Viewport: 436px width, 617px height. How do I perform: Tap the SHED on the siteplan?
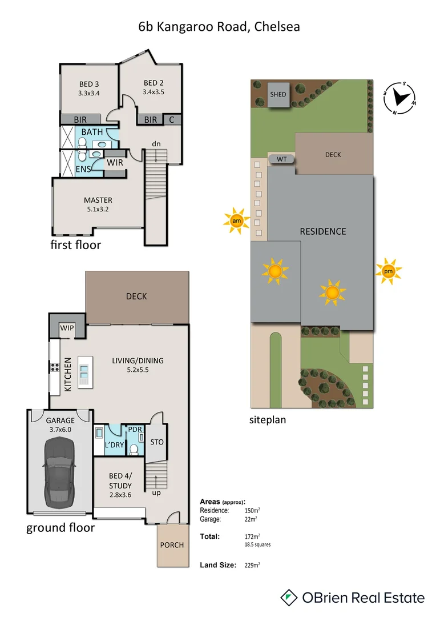[278, 94]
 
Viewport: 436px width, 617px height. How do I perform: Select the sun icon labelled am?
[236, 221]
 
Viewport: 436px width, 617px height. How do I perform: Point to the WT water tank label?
[281, 159]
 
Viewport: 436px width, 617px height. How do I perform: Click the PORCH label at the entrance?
[172, 544]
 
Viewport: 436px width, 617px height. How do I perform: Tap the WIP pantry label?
[67, 328]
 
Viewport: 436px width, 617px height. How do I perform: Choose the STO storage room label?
[156, 441]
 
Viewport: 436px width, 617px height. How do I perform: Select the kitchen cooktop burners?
[55, 367]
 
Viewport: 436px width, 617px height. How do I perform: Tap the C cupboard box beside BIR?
[171, 119]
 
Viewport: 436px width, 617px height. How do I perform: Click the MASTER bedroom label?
[98, 200]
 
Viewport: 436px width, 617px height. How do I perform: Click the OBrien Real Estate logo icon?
[289, 598]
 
